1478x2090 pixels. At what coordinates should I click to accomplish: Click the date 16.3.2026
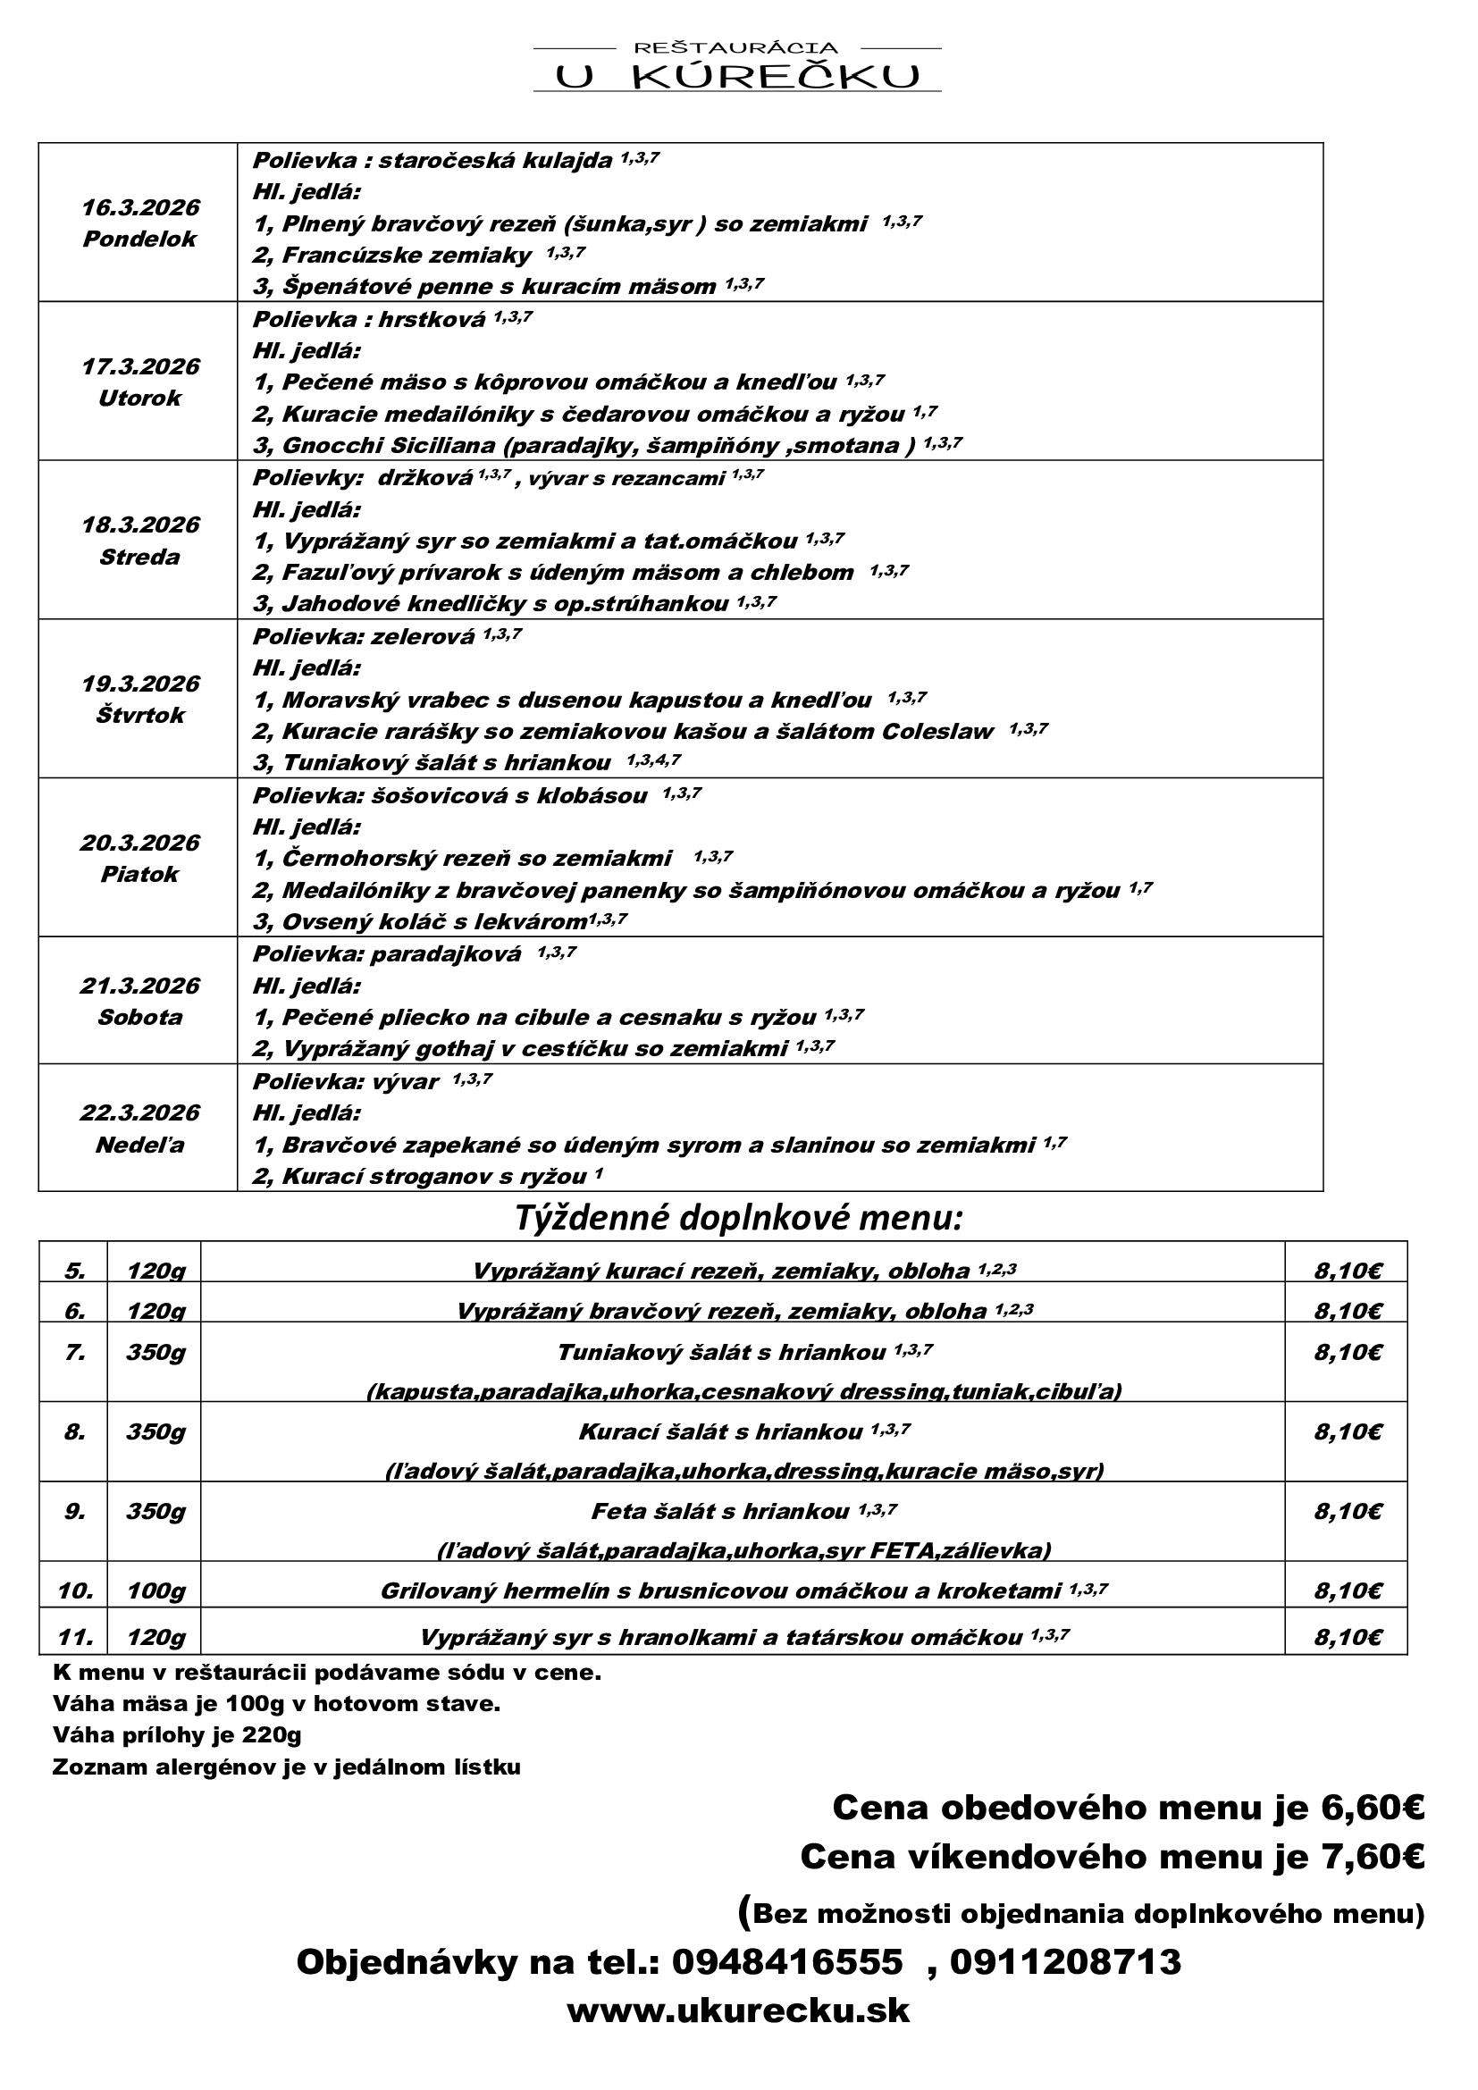point(140,207)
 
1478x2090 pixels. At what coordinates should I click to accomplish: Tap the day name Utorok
point(140,398)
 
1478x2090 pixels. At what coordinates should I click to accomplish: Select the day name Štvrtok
point(140,716)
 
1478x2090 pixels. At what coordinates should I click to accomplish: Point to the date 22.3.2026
point(140,1112)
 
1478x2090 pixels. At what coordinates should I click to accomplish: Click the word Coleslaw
point(937,732)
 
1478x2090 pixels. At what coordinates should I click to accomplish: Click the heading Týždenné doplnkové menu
point(738,1217)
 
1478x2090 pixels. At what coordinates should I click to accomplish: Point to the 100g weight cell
point(155,1591)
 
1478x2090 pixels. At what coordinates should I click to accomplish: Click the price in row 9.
point(1348,1512)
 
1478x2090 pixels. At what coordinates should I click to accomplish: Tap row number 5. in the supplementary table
point(75,1271)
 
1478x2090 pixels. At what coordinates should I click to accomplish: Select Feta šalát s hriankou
point(720,1512)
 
